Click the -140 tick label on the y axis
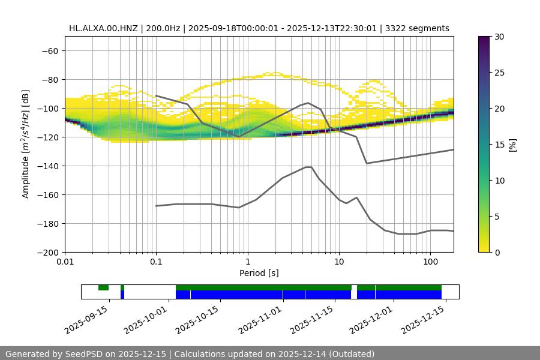49,166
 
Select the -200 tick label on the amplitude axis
49,253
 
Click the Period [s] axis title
259,273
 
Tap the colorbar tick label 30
499,37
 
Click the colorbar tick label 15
499,145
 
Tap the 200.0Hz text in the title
161,28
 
